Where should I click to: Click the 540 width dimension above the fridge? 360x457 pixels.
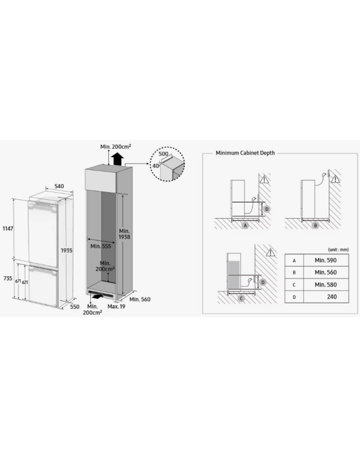59,186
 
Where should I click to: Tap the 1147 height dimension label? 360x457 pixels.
8,228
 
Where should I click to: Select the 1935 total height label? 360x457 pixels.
66,250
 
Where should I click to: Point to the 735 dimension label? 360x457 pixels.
8,279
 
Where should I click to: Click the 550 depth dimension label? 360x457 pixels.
75,307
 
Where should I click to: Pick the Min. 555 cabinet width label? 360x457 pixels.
101,246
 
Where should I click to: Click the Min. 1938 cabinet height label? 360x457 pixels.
124,234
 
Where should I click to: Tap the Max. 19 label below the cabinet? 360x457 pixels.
116,306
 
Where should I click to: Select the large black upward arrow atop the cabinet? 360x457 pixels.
118,159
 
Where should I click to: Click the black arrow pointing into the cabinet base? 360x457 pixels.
97,296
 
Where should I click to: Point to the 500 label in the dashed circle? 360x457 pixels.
164,154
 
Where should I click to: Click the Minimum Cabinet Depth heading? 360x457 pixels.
245,153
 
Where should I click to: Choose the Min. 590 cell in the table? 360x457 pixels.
325,260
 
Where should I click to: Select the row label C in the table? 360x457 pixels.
294,285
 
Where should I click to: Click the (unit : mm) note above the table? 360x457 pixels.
339,249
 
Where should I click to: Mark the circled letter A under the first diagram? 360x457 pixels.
245,225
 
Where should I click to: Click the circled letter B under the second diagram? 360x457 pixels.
316,225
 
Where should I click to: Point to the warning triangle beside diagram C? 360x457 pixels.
271,253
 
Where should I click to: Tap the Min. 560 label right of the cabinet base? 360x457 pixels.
140,299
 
